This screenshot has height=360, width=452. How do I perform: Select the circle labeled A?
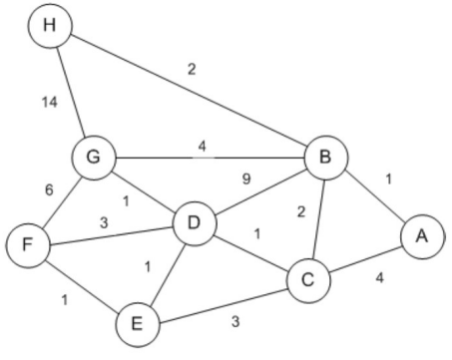(420, 236)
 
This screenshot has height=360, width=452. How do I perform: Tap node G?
(94, 157)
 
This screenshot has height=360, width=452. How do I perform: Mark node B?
(325, 157)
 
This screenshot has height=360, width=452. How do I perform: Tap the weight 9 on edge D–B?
(246, 180)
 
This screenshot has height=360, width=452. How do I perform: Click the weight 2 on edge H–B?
(190, 70)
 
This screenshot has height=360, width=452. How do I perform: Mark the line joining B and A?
(372, 196)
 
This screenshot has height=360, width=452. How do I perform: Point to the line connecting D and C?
(249, 252)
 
